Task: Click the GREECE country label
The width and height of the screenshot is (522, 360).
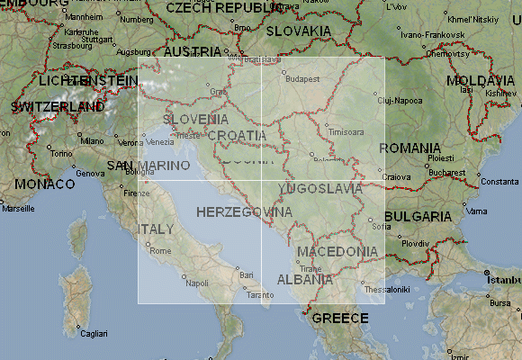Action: [x=339, y=318]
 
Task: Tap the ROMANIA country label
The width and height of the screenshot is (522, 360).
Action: [x=409, y=148]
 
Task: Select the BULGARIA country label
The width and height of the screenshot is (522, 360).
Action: [x=418, y=216]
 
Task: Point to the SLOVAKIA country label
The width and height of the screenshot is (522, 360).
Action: [x=296, y=31]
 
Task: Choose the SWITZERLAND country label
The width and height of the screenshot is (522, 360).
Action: [x=58, y=106]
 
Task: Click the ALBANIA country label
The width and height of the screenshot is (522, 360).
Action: [x=304, y=279]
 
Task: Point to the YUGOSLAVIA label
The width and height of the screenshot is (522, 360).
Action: [x=320, y=189]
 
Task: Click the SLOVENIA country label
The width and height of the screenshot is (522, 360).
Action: [x=195, y=119]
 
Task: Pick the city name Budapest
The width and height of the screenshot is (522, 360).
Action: [x=303, y=79]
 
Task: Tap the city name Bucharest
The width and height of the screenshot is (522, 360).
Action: [x=446, y=171]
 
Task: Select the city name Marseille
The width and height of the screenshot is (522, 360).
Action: [x=19, y=208]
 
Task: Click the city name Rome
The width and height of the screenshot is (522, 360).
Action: [x=159, y=250]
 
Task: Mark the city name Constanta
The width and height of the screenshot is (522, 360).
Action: [x=499, y=182]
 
